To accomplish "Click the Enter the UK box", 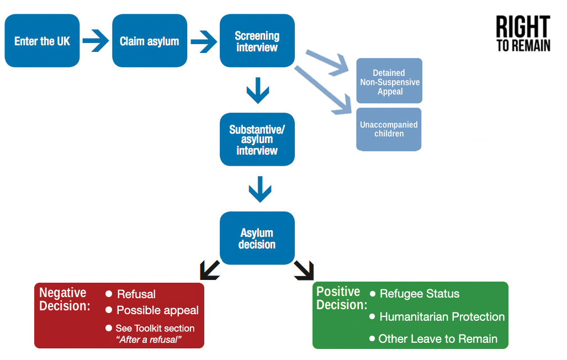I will (x=42, y=41).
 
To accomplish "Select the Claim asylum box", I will (x=149, y=41).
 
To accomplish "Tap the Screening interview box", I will (x=257, y=41).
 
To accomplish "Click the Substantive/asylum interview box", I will (x=257, y=139).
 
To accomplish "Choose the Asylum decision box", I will (x=257, y=238).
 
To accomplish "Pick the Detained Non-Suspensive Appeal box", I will (x=389, y=81).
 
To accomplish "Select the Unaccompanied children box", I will (x=389, y=129).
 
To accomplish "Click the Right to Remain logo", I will (x=522, y=34).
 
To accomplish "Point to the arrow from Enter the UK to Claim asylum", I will (x=96, y=40).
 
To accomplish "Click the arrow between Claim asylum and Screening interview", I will (x=203, y=40).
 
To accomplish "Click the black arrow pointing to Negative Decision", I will (x=209, y=271).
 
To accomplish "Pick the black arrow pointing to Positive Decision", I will (x=304, y=270).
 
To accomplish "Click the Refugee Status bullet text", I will (x=419, y=294).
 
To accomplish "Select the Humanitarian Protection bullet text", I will (x=442, y=316).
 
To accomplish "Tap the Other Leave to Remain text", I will (x=438, y=338).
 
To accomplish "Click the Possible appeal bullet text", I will (x=157, y=310).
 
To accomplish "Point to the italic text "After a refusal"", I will (x=149, y=339).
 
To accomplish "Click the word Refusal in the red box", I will (x=136, y=294).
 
